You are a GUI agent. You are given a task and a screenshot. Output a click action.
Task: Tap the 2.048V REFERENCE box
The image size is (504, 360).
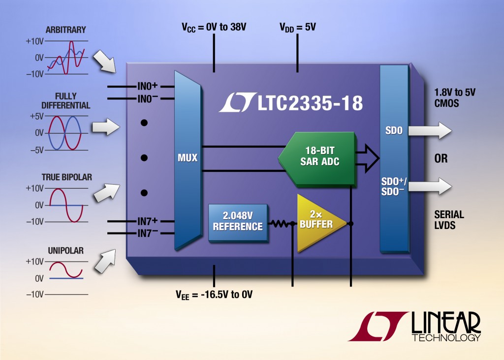click(238, 222)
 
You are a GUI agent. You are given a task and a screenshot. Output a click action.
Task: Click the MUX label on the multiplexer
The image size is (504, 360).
click(188, 158)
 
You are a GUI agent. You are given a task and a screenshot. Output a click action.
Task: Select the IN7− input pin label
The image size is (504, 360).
click(148, 233)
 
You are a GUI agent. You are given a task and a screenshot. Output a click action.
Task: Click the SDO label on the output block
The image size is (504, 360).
click(394, 131)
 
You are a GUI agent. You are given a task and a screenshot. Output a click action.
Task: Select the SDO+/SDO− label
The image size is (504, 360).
click(394, 186)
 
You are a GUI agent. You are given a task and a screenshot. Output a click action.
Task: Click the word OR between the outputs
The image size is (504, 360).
click(441, 159)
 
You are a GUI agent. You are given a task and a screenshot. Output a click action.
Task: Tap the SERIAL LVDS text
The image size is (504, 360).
click(449, 220)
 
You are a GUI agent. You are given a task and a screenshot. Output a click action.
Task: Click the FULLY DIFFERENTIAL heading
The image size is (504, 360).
click(72, 100)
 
